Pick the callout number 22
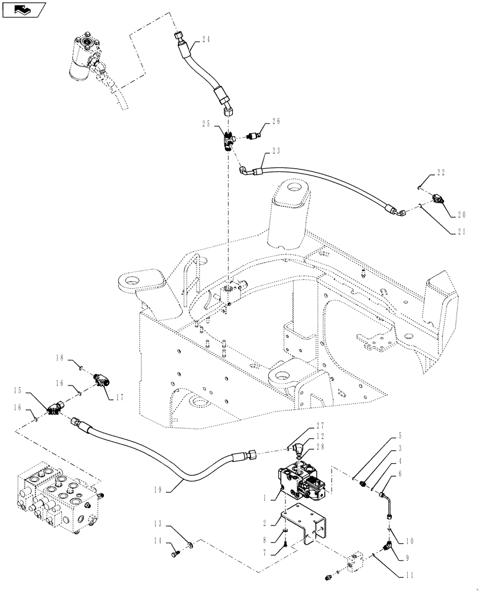tap(440, 173)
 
